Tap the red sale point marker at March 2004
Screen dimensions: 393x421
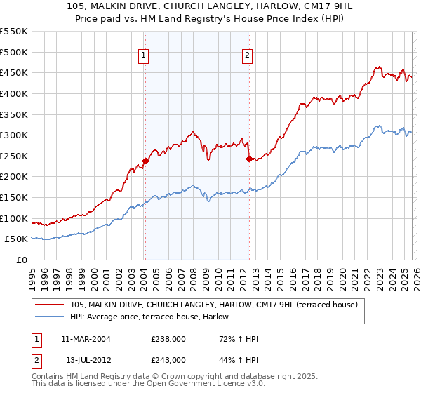pos(145,161)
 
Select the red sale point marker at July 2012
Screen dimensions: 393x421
pos(249,159)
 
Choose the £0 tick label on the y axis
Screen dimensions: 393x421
pos(22,260)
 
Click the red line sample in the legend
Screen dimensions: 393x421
pos(51,305)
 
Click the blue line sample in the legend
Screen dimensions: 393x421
pos(51,317)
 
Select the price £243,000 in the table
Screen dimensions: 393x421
pos(168,359)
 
